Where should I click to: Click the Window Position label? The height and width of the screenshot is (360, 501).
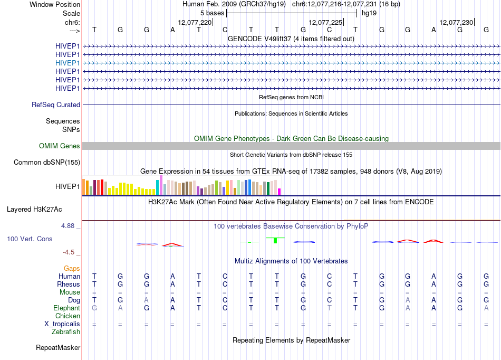point(55,4)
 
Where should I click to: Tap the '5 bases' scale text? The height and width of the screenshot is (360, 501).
point(212,13)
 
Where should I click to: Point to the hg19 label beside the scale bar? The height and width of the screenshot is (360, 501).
point(369,13)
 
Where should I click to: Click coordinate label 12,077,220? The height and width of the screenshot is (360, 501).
point(195,22)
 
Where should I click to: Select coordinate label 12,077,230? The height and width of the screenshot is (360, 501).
point(456,22)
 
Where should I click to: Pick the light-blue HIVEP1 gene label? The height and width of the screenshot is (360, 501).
point(68,63)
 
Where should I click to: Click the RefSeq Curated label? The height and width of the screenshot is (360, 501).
point(56,105)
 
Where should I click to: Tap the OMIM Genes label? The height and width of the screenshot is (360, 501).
point(60,146)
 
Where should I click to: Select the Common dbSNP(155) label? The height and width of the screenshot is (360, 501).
point(47,163)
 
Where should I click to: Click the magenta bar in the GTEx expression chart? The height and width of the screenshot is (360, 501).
point(280,192)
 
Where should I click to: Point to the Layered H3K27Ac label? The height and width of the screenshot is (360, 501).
point(34,210)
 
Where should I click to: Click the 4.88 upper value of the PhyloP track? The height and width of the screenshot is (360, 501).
point(68,226)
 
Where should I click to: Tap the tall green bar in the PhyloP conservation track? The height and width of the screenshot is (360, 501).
point(275,240)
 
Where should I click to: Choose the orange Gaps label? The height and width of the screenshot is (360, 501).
point(72,269)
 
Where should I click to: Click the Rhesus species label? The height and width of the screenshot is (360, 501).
point(69,284)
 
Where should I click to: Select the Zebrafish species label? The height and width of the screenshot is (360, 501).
point(66,332)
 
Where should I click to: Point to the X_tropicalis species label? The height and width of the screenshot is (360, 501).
point(62,324)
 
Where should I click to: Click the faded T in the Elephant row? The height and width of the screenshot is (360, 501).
point(330,308)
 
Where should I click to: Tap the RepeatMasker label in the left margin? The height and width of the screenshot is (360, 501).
point(58,347)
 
